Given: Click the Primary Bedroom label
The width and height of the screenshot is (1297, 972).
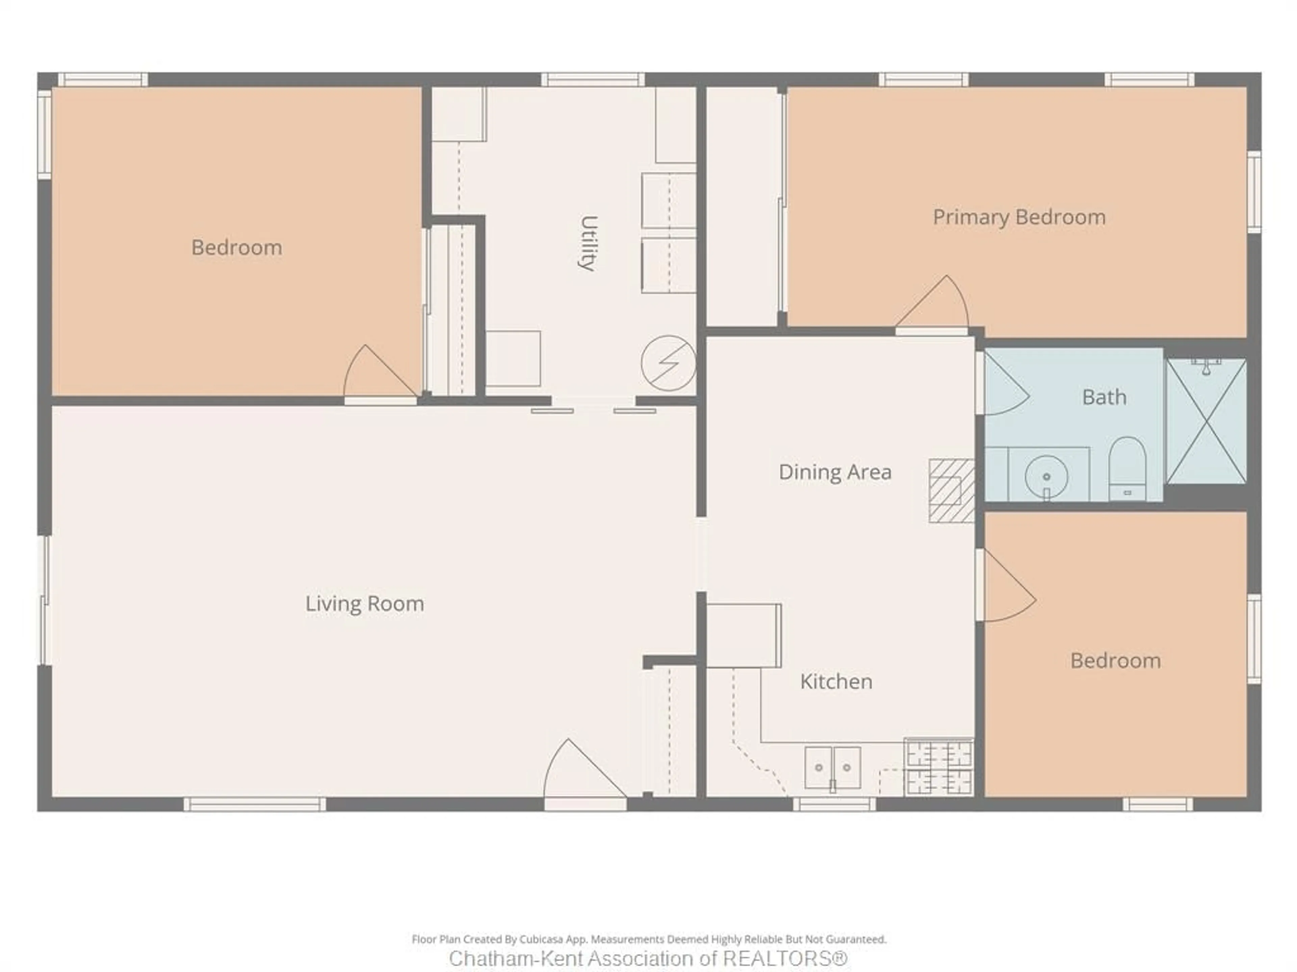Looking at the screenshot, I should pyautogui.click(x=1019, y=217).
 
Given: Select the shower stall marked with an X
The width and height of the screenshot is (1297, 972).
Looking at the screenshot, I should pyautogui.click(x=1206, y=422).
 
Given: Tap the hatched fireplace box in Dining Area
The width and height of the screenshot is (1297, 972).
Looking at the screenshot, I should pyautogui.click(x=951, y=491).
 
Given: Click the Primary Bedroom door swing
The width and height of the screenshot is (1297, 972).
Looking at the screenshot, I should pyautogui.click(x=935, y=305).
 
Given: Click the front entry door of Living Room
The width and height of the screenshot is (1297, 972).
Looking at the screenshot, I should pyautogui.click(x=578, y=774).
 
